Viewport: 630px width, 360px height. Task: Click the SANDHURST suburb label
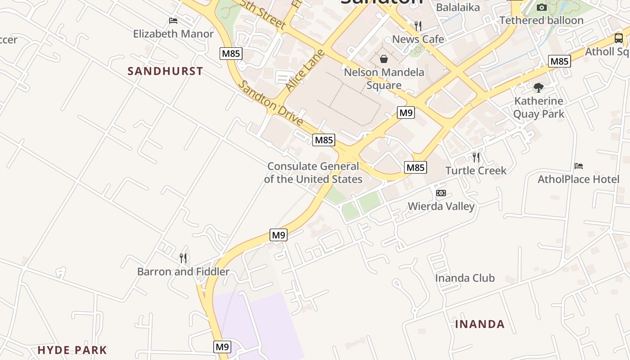(165, 71)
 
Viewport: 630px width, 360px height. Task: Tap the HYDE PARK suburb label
(72, 350)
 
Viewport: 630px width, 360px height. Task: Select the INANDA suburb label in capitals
(480, 324)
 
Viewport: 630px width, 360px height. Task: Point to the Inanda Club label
(465, 278)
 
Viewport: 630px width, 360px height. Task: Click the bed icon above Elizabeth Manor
(173, 21)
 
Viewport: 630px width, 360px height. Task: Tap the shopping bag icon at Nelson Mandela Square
(384, 59)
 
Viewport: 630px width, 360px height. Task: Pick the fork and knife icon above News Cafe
(418, 26)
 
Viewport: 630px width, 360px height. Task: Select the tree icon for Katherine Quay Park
(539, 88)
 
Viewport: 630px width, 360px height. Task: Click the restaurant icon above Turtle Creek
(476, 157)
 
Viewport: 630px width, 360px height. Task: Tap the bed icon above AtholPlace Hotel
(579, 166)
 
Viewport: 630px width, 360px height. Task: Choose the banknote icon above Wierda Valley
(441, 193)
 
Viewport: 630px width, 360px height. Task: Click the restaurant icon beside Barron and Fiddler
(183, 258)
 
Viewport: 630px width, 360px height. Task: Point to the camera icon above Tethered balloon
(542, 7)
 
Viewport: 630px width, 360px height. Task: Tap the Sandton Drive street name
(270, 104)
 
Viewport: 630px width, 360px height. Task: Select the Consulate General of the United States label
(313, 173)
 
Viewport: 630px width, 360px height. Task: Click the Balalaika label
(458, 7)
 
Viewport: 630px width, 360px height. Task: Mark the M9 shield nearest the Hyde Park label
(222, 347)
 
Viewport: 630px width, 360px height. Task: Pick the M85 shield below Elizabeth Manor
(231, 54)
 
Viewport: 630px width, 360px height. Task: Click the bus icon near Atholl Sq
(619, 38)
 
